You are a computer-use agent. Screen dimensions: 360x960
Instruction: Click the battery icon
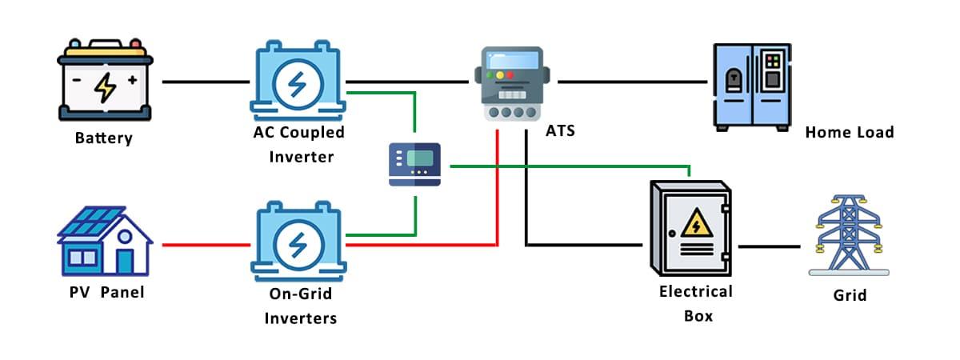[105, 81]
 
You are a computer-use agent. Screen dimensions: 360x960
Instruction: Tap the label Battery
[103, 138]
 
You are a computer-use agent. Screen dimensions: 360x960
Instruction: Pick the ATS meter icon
[512, 83]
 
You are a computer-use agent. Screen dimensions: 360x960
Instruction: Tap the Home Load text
[849, 132]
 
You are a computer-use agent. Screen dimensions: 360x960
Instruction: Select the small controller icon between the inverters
[414, 164]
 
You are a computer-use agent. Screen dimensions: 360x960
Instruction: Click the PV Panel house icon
[105, 240]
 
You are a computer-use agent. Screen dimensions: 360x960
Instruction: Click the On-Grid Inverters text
[298, 306]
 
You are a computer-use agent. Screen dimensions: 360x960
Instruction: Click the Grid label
[849, 295]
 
